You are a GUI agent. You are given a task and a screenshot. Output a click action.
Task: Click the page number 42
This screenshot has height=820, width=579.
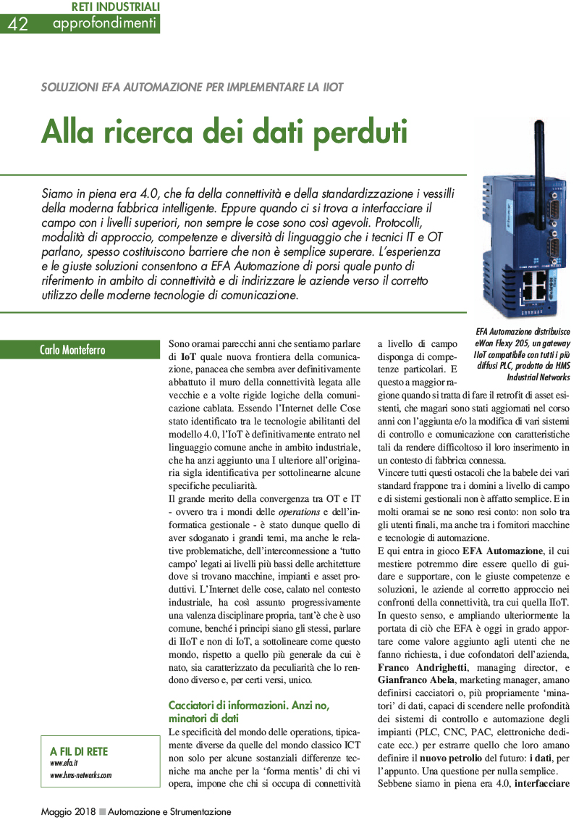click(18, 24)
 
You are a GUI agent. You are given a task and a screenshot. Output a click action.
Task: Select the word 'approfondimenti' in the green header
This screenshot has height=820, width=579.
click(104, 24)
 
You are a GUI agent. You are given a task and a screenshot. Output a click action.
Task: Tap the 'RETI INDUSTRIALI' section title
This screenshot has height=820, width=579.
click(116, 7)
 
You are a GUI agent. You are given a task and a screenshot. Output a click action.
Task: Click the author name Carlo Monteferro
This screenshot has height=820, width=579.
click(72, 351)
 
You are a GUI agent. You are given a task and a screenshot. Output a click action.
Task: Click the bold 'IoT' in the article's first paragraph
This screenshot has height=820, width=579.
click(188, 357)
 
